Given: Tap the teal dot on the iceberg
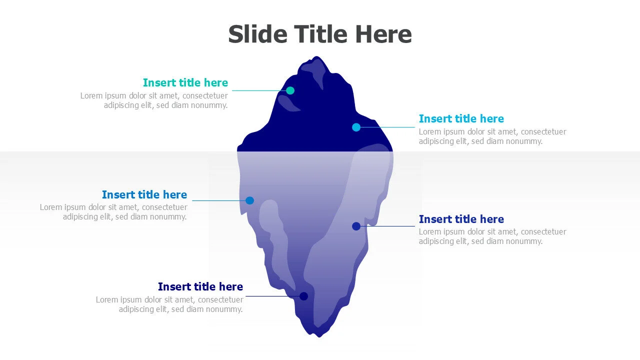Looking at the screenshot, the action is [x=290, y=90].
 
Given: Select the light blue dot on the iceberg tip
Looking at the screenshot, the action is [x=356, y=127].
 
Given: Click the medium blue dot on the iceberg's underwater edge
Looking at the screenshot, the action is [x=249, y=200].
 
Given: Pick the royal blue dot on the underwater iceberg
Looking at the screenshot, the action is [x=356, y=226].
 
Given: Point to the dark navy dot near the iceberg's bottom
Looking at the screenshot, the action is [x=303, y=296].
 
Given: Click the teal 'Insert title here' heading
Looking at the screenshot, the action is [x=185, y=82].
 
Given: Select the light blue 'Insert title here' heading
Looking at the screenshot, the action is [x=461, y=118].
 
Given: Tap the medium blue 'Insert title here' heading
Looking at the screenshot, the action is [x=144, y=194].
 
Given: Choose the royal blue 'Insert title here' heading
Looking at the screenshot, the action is [x=461, y=219].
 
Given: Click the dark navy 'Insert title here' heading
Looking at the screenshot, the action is [x=200, y=286].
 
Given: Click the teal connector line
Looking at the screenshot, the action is [x=259, y=90].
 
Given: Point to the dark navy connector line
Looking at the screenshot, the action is [x=272, y=296].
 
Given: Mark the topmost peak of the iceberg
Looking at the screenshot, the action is [x=316, y=56].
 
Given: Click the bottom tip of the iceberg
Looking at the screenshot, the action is [x=319, y=337].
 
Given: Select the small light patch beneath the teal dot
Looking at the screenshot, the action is [x=288, y=103].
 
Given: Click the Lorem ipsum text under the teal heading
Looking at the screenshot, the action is [x=154, y=100].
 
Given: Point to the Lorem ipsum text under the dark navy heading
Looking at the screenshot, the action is [x=169, y=304].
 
